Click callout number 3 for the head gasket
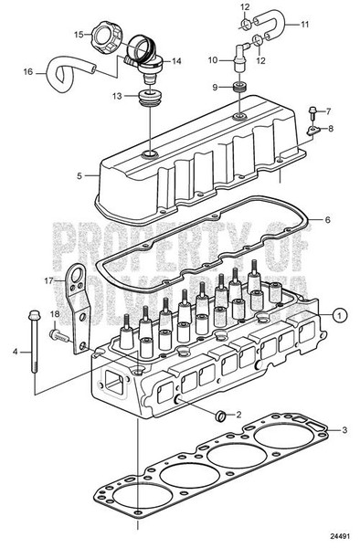click(x=344, y=428)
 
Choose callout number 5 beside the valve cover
click(x=79, y=176)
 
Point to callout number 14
click(x=176, y=61)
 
